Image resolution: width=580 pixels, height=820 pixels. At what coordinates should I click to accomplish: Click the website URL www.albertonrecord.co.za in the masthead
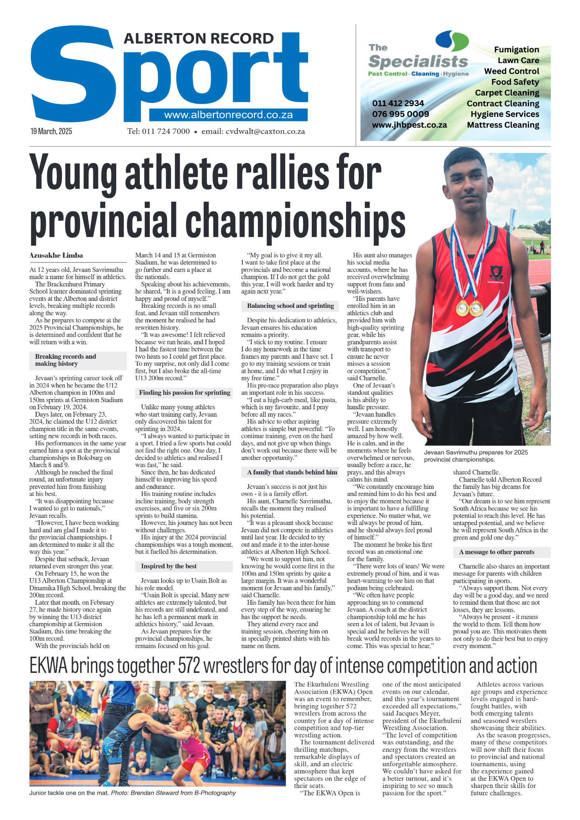click(x=228, y=115)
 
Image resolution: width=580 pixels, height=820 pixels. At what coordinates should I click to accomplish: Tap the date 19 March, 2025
click(x=51, y=131)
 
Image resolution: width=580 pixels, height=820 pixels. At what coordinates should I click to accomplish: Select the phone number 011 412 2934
click(x=398, y=103)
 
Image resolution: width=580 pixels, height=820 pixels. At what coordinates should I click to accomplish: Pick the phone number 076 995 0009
click(x=400, y=114)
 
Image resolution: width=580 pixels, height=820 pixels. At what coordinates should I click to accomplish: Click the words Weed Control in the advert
click(x=511, y=71)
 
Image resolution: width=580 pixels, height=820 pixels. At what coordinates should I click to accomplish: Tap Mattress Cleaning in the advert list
click(x=503, y=125)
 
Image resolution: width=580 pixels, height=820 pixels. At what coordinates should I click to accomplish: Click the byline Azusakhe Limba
click(x=56, y=255)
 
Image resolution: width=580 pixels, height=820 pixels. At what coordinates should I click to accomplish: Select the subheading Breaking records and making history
click(x=66, y=360)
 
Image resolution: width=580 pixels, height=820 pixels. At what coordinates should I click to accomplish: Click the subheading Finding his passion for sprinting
click(x=184, y=393)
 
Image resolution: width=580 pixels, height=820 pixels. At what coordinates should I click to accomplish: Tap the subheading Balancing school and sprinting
click(x=290, y=306)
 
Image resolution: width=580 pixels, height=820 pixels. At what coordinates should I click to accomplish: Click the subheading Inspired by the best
click(x=169, y=566)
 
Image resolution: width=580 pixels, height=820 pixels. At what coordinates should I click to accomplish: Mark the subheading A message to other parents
click(x=496, y=552)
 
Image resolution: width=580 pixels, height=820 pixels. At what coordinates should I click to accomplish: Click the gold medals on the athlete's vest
click(x=468, y=308)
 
